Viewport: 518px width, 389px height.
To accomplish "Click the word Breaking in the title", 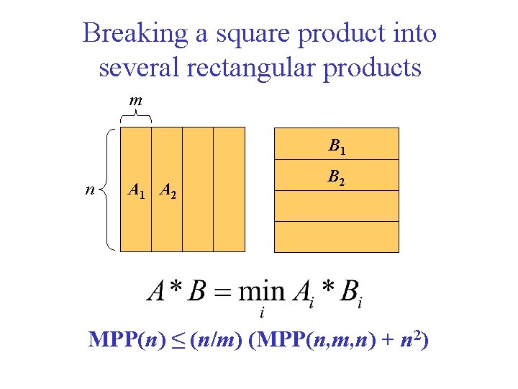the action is tap(132, 33).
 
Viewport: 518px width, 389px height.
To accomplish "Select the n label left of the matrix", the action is tap(88, 190).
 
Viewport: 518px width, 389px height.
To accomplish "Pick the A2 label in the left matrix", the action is tap(168, 191).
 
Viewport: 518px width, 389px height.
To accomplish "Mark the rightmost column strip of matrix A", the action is tap(230, 189).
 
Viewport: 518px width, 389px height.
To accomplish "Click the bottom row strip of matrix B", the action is tap(337, 237).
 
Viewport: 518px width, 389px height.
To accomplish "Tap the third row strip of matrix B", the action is tap(337, 205).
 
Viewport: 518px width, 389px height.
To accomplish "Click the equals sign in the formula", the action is tap(222, 292).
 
